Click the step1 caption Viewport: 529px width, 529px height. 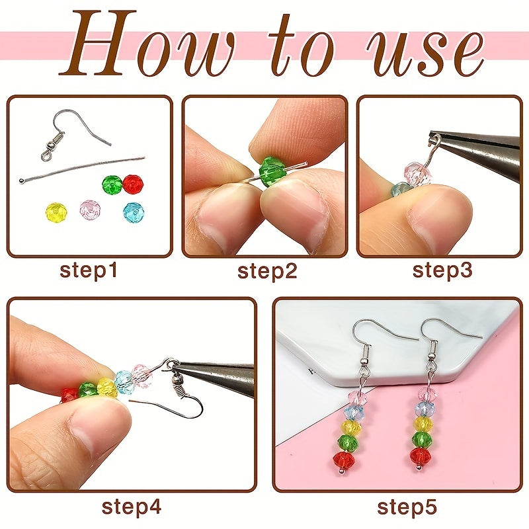coord(89,270)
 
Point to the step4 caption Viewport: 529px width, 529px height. coord(132,507)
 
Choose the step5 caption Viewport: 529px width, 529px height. coord(407,507)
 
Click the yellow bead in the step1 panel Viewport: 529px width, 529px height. coord(56,212)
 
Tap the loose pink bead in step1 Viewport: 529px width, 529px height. coord(90,209)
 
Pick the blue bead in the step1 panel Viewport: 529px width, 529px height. coord(134,213)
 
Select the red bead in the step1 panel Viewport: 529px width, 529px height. coord(133,184)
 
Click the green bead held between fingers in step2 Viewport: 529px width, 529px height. coord(272,171)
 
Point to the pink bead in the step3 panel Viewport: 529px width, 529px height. coord(418,173)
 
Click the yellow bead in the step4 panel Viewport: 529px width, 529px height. coord(107,387)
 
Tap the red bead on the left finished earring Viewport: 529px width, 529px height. coord(344,459)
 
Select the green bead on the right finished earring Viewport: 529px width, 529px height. coord(422,438)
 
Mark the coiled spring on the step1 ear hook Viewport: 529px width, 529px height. coord(59,138)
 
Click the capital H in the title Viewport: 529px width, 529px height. coord(99,42)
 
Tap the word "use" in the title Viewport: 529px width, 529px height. coord(426,53)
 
